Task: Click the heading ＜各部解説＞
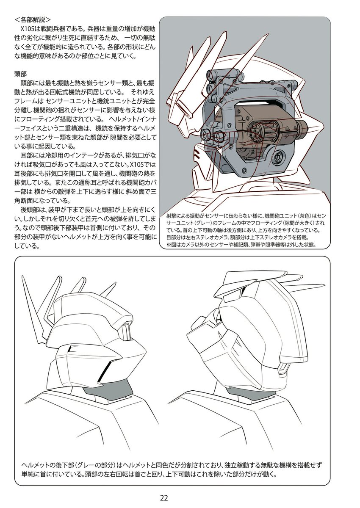(33, 19)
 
